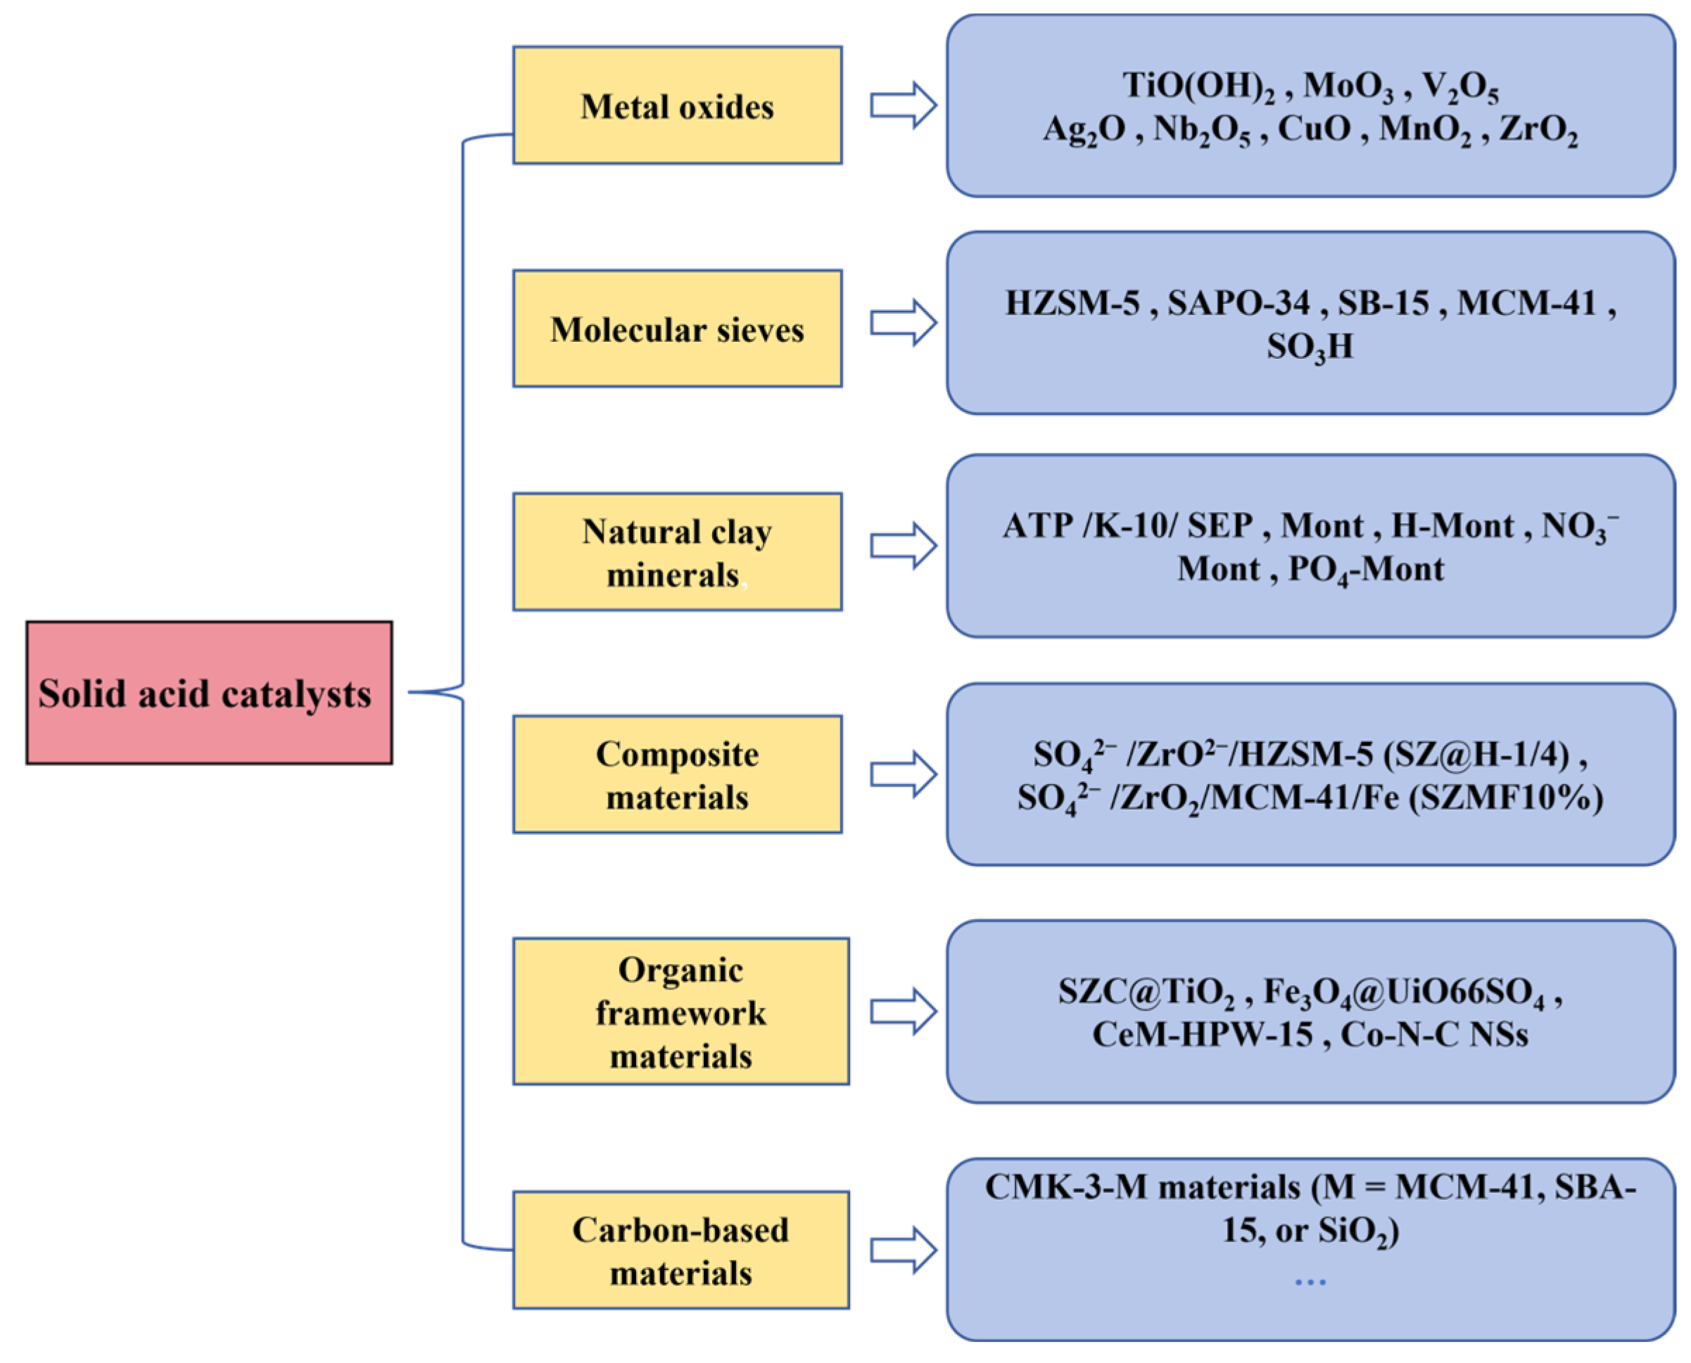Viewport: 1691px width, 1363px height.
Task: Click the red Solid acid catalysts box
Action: click(x=209, y=693)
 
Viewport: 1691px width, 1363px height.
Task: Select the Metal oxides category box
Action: click(x=677, y=105)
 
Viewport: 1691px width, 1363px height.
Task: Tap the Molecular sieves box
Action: click(x=677, y=328)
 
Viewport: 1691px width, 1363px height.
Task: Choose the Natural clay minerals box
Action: click(x=677, y=552)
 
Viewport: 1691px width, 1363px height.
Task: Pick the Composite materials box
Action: click(x=677, y=774)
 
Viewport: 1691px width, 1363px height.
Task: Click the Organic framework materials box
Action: click(x=680, y=1011)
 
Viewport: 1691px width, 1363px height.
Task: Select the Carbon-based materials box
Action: click(x=680, y=1250)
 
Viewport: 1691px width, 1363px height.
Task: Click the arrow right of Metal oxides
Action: click(x=904, y=105)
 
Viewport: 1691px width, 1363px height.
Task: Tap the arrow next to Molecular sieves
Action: click(x=904, y=323)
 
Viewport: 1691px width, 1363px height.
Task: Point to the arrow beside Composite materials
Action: click(x=904, y=774)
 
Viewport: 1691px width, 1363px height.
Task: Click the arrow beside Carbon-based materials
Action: click(x=904, y=1250)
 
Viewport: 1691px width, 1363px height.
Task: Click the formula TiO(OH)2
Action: click(x=1198, y=86)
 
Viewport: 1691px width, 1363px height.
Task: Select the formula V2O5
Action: click(x=1460, y=86)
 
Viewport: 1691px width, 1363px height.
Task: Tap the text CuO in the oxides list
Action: click(x=1314, y=129)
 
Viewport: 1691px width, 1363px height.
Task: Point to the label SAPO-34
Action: click(x=1239, y=303)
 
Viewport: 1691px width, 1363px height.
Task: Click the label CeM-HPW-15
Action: click(x=1203, y=1035)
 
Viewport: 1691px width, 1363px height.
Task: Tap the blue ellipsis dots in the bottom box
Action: click(x=1310, y=1282)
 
